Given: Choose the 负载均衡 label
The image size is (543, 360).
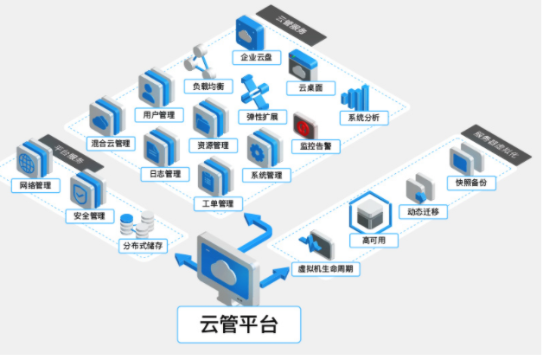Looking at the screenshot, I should pos(207,87).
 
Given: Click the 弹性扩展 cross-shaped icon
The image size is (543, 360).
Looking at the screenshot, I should pos(257,90).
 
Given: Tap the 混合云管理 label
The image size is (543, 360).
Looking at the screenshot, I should pos(112,143).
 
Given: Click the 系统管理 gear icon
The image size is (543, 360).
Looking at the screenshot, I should pos(259,148).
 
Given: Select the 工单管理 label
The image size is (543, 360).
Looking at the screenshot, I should pos(213,204).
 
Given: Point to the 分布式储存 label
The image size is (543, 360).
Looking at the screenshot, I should pos(141,246).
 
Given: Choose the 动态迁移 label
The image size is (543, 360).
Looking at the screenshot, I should pos(424,211).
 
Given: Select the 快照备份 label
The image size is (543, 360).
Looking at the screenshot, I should pos(471,183).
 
